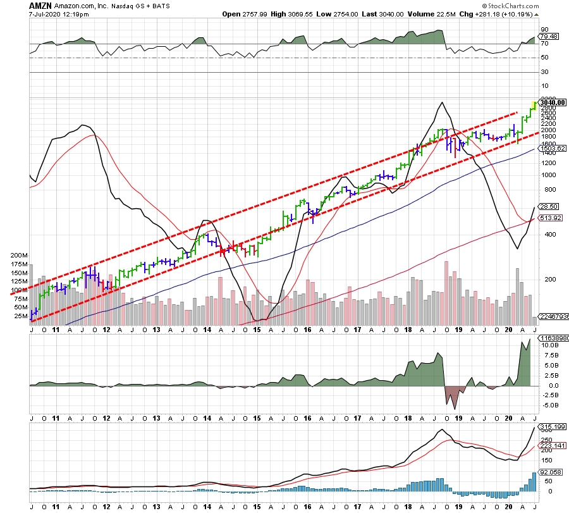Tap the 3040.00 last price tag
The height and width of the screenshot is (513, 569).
552,102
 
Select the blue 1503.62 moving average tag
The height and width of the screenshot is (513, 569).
551,149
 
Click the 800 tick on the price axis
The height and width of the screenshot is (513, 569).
545,190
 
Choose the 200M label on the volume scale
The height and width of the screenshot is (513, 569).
20,255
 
